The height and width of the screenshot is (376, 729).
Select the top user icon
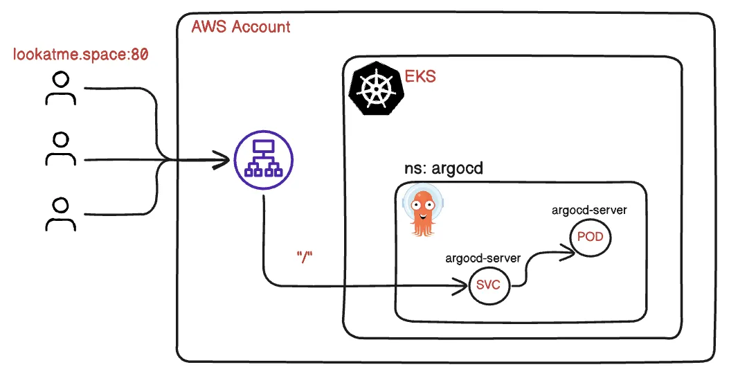[61, 89]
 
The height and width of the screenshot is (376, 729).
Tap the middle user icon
[61, 149]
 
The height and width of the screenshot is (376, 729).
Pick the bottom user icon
[61, 213]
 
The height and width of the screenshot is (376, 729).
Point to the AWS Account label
[240, 27]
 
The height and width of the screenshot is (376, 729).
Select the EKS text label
[420, 76]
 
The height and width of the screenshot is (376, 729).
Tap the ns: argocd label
[442, 170]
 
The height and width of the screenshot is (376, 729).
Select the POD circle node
[590, 238]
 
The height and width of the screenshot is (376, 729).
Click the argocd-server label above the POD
[589, 210]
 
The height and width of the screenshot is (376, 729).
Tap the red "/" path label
[305, 256]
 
